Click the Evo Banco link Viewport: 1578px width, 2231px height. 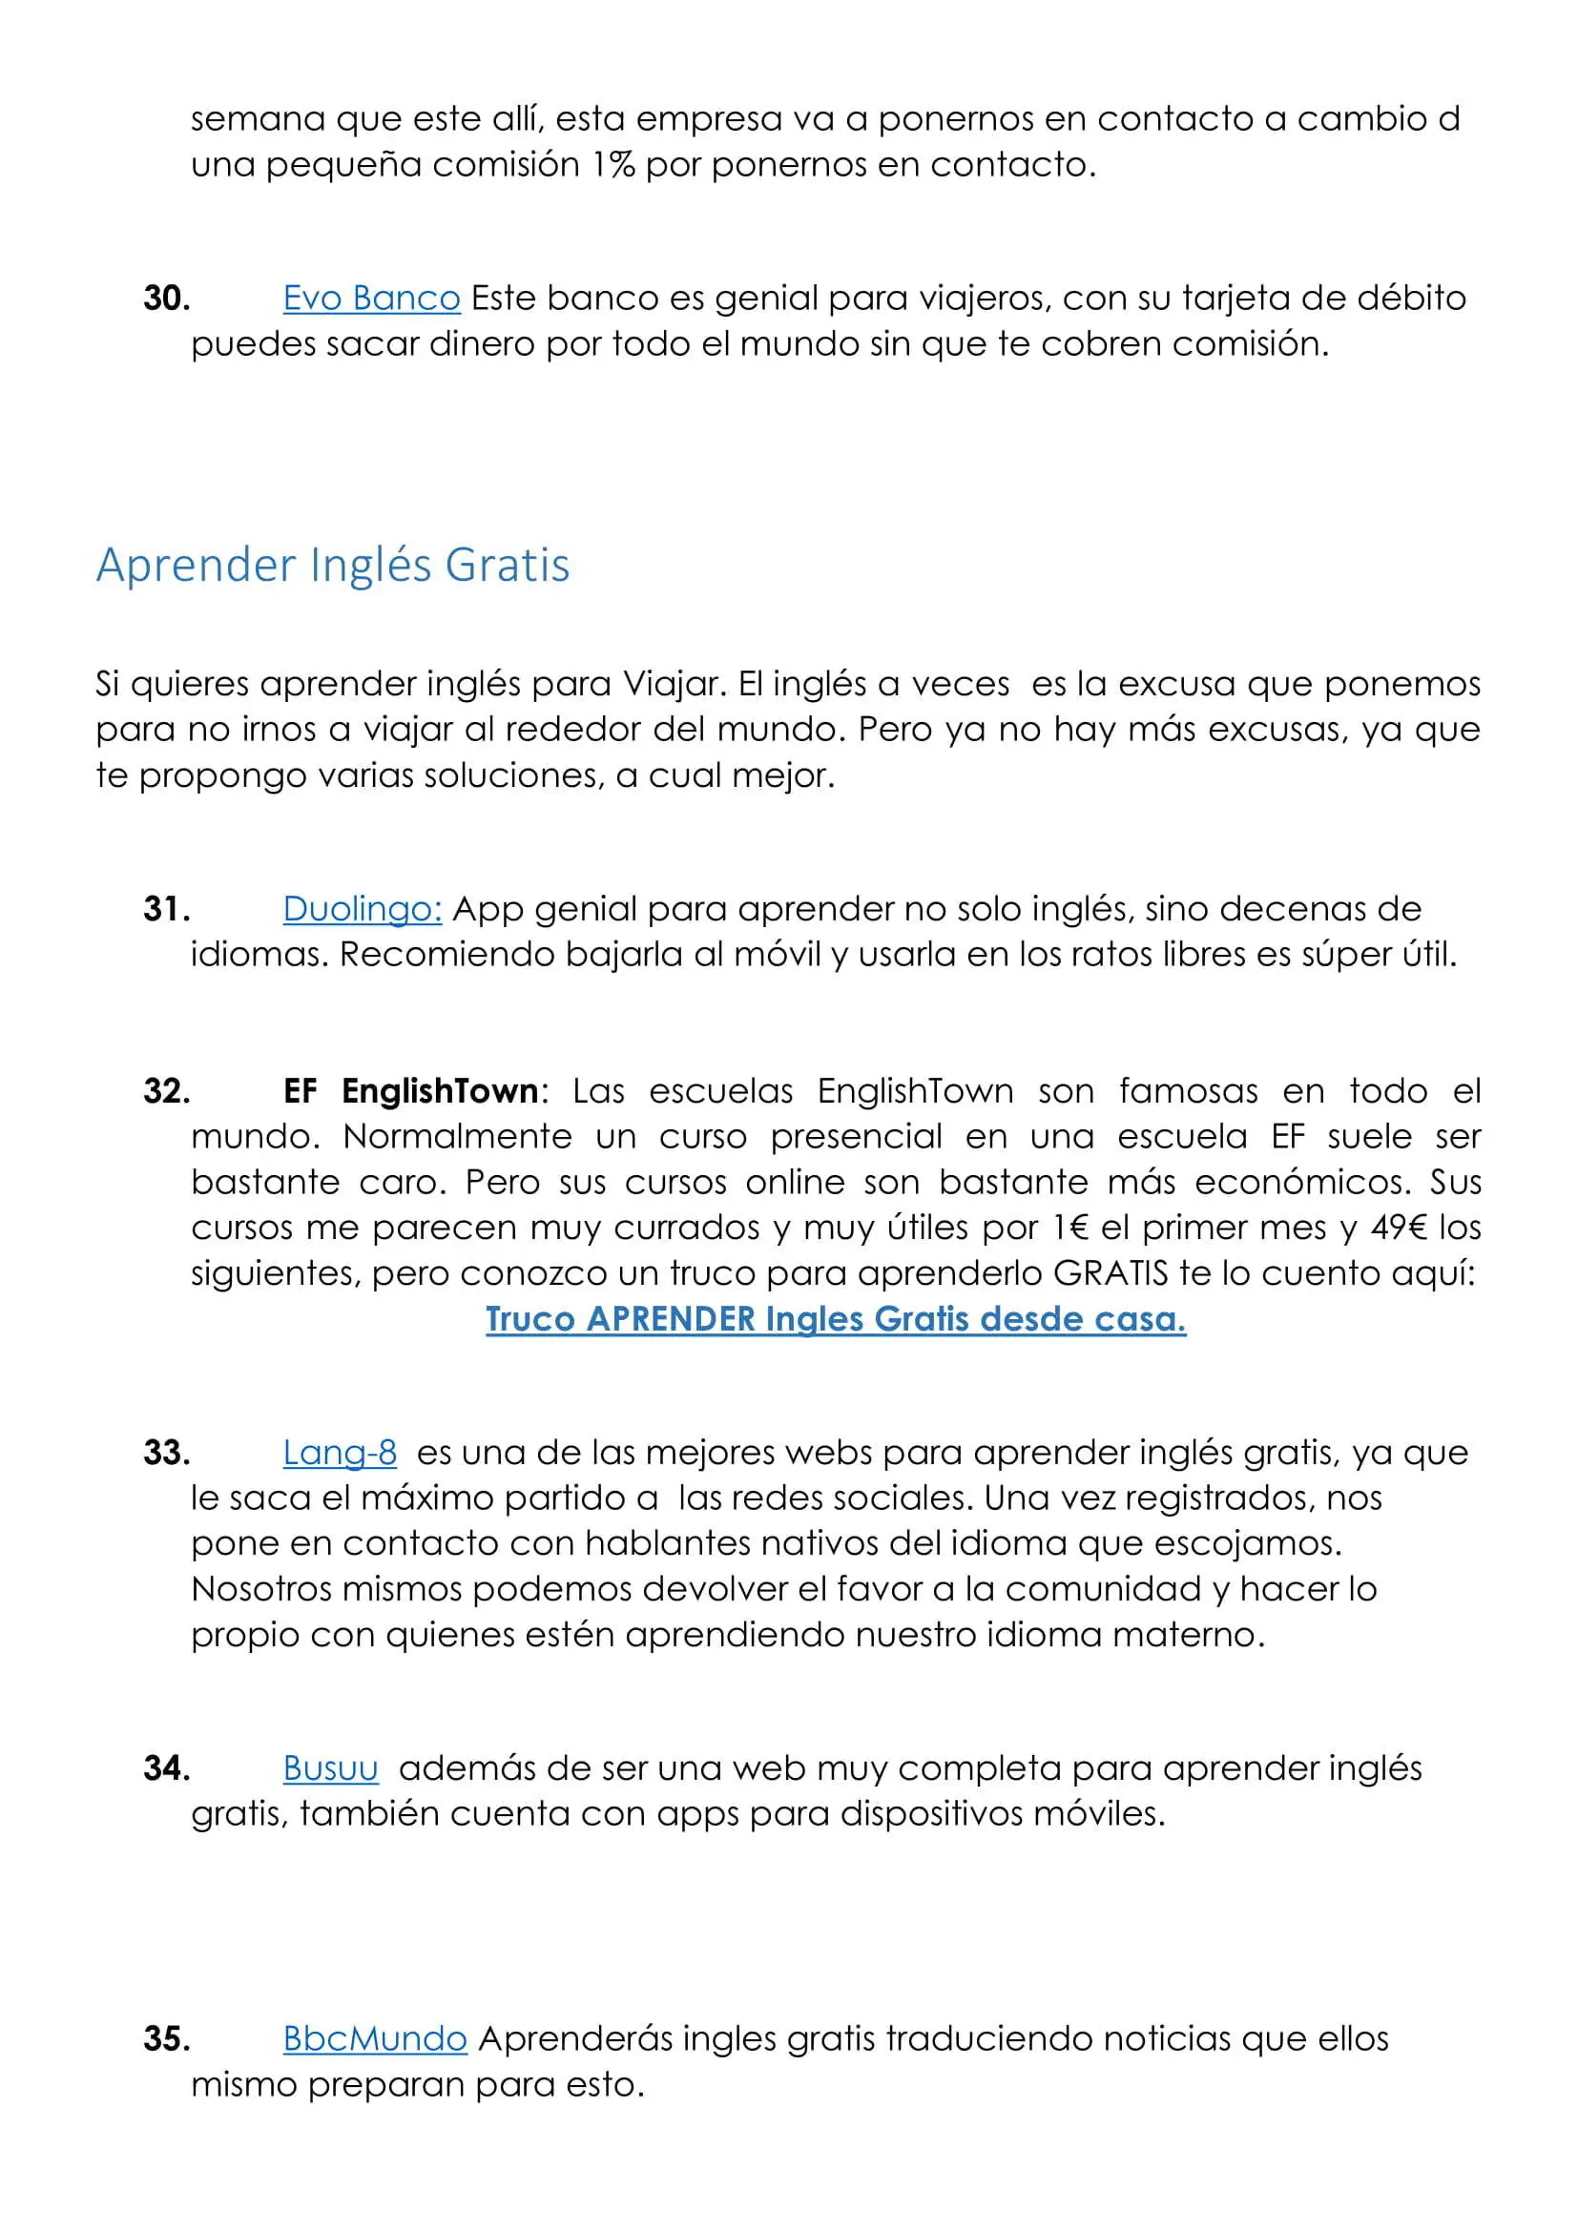(x=371, y=299)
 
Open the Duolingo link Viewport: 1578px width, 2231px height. (x=363, y=909)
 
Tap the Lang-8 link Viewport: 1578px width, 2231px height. (x=340, y=1453)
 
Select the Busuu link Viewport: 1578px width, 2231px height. (x=330, y=1767)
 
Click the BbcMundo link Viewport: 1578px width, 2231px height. (x=375, y=2038)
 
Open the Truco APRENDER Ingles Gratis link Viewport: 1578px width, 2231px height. (x=836, y=1318)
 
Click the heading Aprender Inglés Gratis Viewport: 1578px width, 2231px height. (x=332, y=566)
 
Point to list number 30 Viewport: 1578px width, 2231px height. (x=166, y=299)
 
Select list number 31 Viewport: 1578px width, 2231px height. (x=166, y=910)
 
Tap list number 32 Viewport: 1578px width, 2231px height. (x=166, y=1091)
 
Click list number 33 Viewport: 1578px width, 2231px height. (x=166, y=1453)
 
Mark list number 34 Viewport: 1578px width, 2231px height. (x=166, y=1767)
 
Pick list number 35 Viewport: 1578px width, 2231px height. (x=166, y=2038)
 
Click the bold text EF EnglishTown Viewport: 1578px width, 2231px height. (x=410, y=1091)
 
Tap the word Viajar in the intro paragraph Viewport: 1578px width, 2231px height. (x=675, y=684)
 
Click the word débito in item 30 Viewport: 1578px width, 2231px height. (x=1411, y=299)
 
